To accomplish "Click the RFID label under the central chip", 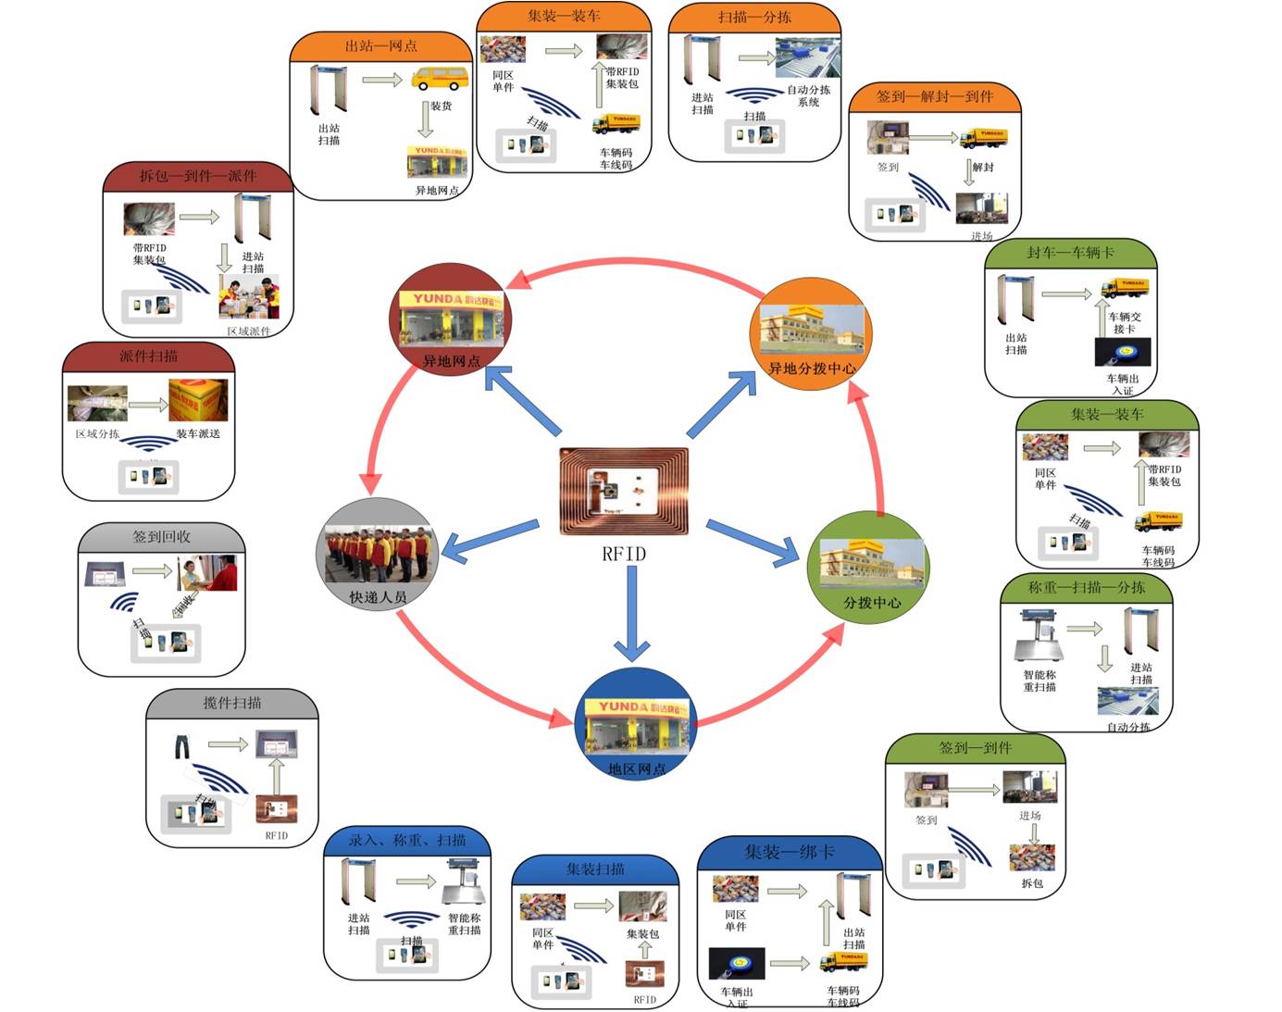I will point(624,554).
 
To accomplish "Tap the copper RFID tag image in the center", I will point(624,492).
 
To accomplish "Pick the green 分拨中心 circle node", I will point(869,567).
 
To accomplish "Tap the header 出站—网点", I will point(380,45).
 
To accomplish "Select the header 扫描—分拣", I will point(754,17).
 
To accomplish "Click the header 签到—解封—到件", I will point(934,96).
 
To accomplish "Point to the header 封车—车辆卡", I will point(1070,253).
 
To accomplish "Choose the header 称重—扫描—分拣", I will point(1086,587).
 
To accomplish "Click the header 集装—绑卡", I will point(789,852).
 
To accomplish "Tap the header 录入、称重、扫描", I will point(406,841).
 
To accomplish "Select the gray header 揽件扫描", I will point(231,703).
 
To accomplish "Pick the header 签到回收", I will point(161,537).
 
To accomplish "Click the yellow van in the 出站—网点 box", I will point(439,78).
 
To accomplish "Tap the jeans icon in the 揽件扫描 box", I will point(182,745).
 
